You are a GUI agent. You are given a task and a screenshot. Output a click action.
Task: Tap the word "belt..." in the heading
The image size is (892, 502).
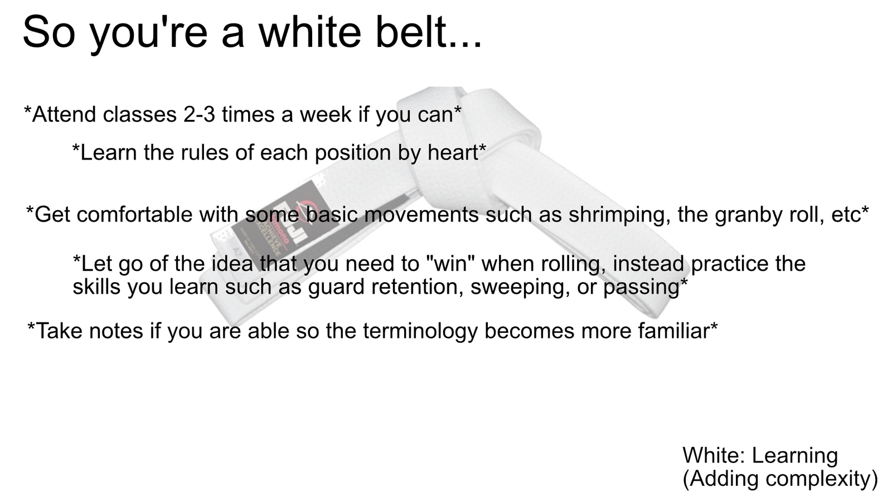(x=429, y=32)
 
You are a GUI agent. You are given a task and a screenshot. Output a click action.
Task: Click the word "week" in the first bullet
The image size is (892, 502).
(x=326, y=114)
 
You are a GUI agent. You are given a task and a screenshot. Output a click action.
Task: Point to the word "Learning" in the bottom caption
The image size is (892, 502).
(x=794, y=455)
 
